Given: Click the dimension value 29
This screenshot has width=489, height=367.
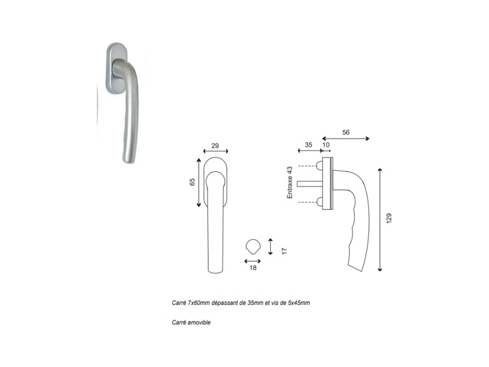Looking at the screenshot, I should point(215,145).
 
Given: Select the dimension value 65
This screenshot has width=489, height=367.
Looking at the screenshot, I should point(192,182).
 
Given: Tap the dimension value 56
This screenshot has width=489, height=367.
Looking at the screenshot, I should point(346,132).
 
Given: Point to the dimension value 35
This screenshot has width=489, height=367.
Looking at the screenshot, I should point(308,145).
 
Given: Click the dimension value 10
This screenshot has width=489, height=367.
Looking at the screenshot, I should point(326,145).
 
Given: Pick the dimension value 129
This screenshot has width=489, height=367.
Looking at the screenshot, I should point(389,218).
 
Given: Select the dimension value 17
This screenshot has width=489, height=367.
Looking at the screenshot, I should point(284,251).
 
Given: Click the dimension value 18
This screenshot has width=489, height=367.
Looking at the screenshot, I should point(253,268).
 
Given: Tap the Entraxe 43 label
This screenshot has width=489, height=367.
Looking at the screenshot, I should point(289,182).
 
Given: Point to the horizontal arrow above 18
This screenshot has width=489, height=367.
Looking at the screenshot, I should point(253,261).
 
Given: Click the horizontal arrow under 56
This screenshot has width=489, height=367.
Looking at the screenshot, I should point(346,139).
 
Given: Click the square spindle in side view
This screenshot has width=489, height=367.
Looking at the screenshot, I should point(310,184).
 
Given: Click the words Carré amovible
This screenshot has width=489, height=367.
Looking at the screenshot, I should point(191,322).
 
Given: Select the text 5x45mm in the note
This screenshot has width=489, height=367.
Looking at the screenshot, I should point(299,303).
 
